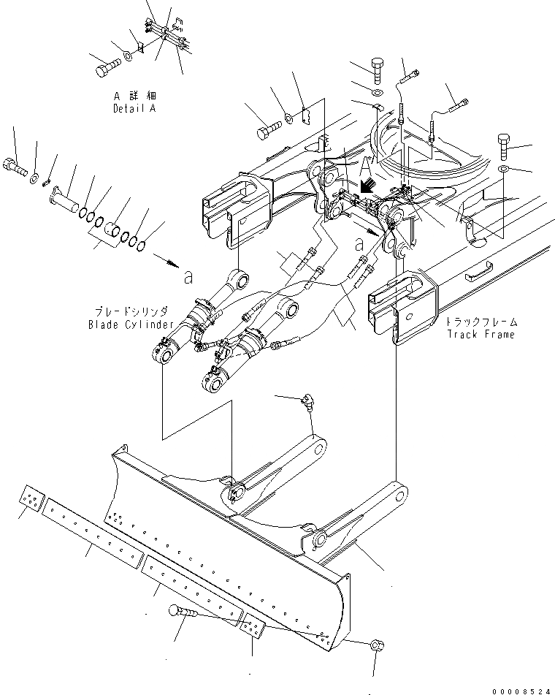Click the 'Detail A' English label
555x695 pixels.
click(134, 109)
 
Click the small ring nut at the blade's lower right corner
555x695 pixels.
click(375, 645)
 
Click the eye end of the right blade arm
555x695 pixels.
click(397, 497)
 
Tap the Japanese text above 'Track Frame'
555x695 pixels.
click(483, 321)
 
